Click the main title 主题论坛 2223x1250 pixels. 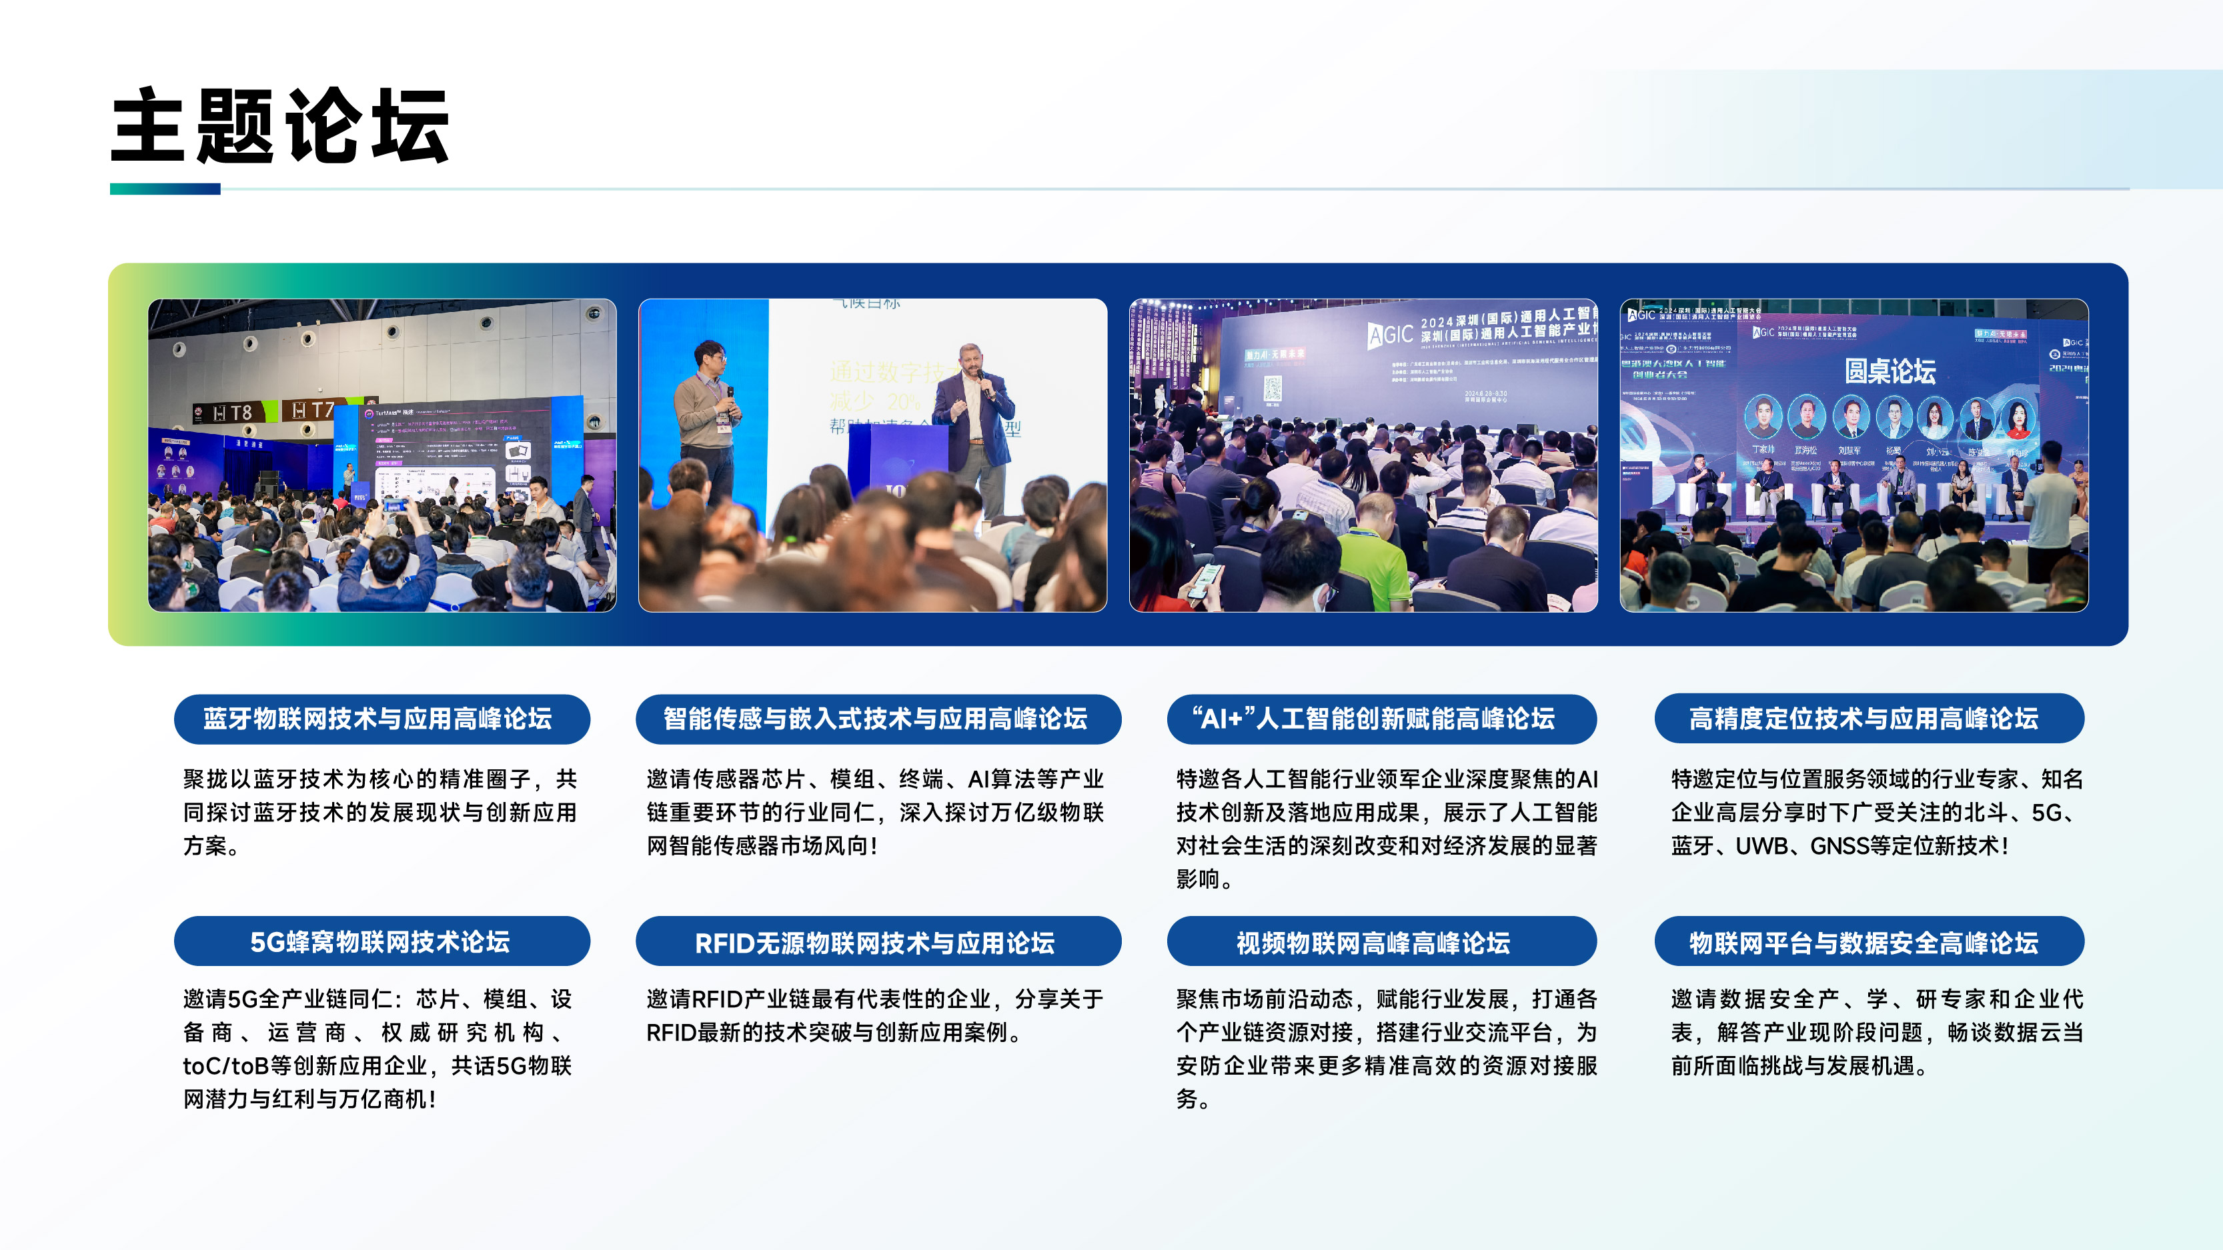281,126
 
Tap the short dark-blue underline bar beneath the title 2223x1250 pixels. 165,189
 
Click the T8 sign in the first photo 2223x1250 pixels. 233,413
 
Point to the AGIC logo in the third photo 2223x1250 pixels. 1390,334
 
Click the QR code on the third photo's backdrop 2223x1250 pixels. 1272,389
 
